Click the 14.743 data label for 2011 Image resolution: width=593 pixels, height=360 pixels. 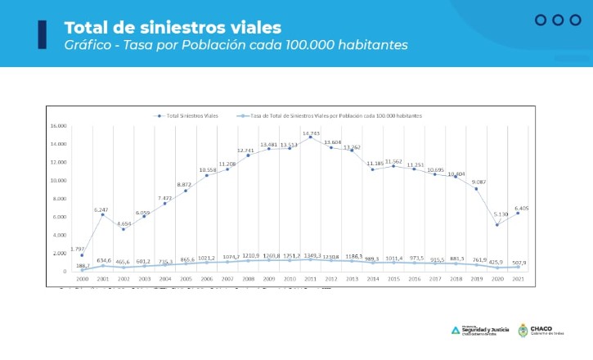(x=311, y=133)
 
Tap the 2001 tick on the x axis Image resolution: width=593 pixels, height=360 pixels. (x=103, y=279)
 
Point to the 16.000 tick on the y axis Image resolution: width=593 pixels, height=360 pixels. (x=57, y=126)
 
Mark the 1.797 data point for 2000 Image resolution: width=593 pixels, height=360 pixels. (x=82, y=255)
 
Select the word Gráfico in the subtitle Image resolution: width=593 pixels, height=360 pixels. (x=87, y=45)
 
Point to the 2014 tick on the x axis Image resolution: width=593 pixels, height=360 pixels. (x=372, y=279)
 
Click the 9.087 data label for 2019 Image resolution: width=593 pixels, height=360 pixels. (x=479, y=182)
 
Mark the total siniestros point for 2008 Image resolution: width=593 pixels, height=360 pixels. (x=248, y=155)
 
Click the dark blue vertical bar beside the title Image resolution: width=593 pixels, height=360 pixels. (x=42, y=34)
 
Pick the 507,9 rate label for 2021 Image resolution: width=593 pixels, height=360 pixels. (x=519, y=263)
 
